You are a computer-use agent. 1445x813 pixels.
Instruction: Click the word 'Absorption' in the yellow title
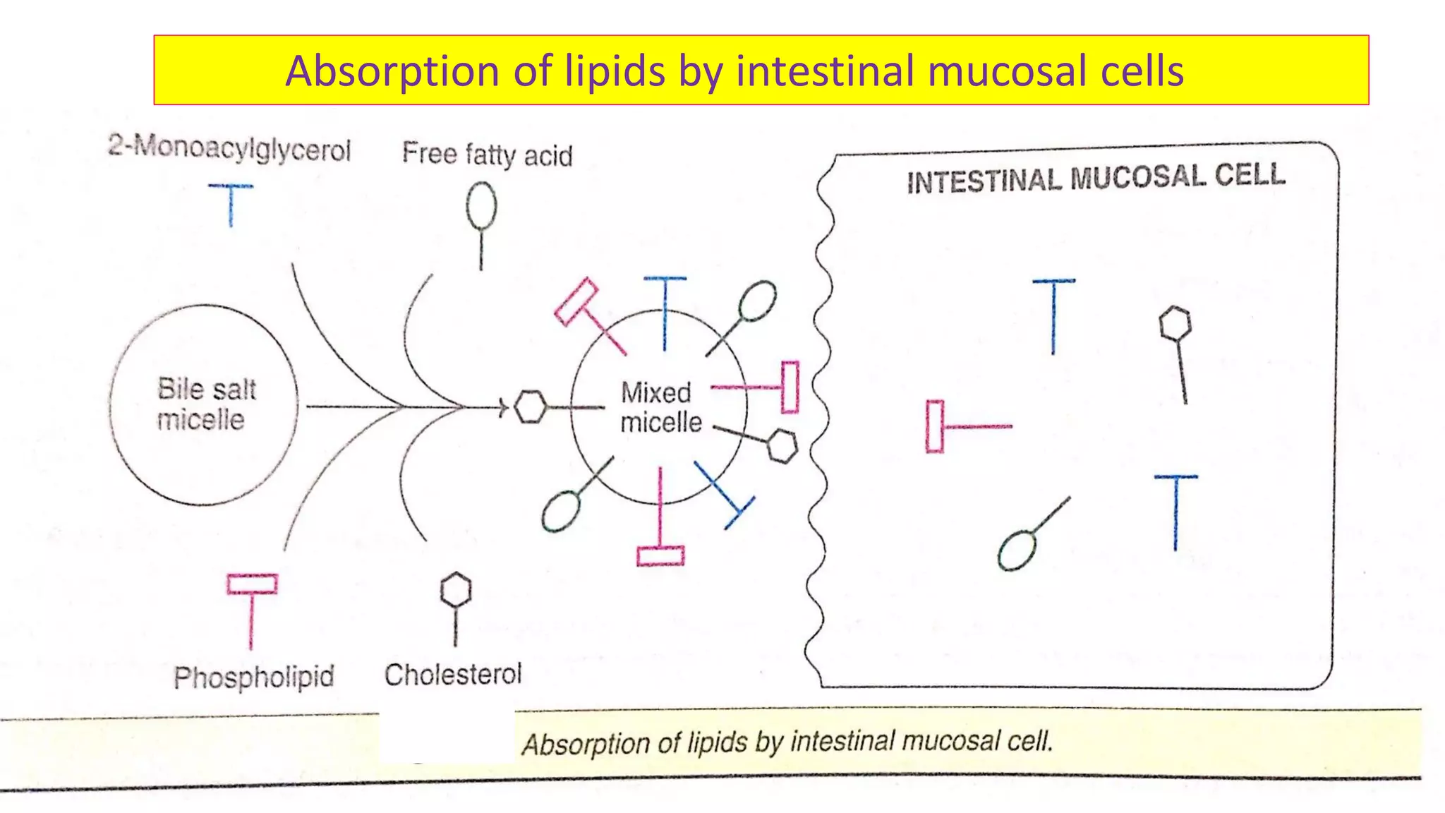pos(392,71)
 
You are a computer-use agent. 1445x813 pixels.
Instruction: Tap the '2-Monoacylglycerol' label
pos(229,149)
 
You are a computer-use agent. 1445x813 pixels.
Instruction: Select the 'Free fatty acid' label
pos(487,154)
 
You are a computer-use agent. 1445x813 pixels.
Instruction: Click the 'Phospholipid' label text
pos(254,677)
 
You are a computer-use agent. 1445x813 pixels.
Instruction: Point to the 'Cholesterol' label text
pos(453,675)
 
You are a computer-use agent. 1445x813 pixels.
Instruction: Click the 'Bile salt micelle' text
pos(205,404)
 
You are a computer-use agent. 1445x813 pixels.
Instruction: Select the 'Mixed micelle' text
pos(660,407)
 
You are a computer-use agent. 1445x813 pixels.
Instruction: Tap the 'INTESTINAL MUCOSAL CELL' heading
pos(1096,178)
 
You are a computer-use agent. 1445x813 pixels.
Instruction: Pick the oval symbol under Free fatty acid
pos(481,207)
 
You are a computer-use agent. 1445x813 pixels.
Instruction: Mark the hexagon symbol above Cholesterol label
pos(455,590)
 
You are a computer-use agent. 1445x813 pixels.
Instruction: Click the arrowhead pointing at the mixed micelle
pos(504,407)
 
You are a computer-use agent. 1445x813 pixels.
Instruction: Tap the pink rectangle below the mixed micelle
pos(660,555)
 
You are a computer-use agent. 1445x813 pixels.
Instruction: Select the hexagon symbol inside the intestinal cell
pos(1175,324)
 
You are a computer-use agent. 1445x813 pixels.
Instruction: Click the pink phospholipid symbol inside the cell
pos(936,426)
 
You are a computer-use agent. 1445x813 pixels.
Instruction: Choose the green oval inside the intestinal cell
pos(1017,550)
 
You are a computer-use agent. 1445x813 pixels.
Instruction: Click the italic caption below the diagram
pos(787,742)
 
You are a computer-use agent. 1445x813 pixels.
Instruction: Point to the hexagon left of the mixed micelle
pos(530,407)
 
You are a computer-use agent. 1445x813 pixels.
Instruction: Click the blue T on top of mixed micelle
pos(665,311)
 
